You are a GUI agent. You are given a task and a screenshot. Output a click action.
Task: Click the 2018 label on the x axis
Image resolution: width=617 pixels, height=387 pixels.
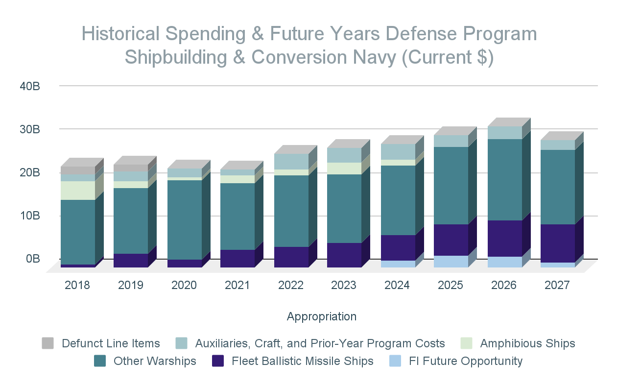(x=77, y=285)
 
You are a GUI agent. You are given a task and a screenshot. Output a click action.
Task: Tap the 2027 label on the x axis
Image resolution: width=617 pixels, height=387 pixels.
(x=557, y=285)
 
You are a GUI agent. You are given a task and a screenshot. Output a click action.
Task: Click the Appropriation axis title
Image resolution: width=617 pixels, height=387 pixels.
(x=322, y=316)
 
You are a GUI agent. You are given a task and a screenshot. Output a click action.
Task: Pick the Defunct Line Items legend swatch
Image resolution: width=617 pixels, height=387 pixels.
(x=47, y=343)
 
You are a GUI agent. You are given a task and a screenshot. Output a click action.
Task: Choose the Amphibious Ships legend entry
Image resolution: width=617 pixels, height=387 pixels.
(x=527, y=343)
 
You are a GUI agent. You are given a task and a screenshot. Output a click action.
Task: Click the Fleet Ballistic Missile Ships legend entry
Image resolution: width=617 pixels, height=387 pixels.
(x=302, y=362)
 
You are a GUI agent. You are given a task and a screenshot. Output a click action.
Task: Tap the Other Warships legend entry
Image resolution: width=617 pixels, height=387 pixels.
(x=155, y=362)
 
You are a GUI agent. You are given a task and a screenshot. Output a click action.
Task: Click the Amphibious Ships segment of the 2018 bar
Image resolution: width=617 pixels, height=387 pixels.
(x=77, y=191)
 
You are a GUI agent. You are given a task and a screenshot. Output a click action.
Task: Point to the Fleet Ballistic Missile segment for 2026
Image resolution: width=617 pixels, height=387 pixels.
(x=504, y=238)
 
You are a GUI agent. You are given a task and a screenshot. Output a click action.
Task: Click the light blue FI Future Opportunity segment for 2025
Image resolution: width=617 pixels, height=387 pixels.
(x=451, y=262)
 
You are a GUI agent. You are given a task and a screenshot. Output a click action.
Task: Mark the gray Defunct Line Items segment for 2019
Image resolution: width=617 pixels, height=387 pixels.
(x=130, y=168)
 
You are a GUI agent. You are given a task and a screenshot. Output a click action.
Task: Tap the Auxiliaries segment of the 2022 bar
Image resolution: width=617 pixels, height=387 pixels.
(x=291, y=162)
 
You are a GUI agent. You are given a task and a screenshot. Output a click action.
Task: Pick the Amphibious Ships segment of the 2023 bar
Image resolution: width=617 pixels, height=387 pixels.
(x=344, y=169)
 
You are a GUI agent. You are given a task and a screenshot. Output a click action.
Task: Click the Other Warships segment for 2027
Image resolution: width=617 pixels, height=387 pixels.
(x=557, y=187)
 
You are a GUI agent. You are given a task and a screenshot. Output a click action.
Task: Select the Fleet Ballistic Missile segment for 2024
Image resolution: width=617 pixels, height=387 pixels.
(x=398, y=247)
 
